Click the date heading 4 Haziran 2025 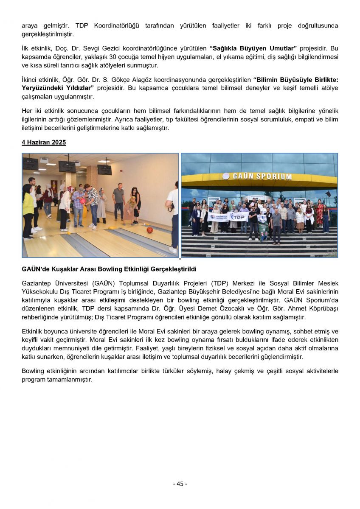[x=44, y=143]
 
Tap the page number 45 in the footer [x=180, y=484]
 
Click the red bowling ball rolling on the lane [x=149, y=230]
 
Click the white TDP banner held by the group [x=239, y=216]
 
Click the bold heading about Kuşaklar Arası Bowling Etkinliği [x=109, y=269]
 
